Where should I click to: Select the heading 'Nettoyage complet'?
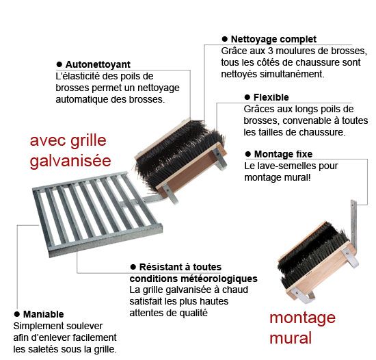pos(273,40)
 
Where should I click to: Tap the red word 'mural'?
pos(291,337)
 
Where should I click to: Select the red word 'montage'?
pos(302,318)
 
